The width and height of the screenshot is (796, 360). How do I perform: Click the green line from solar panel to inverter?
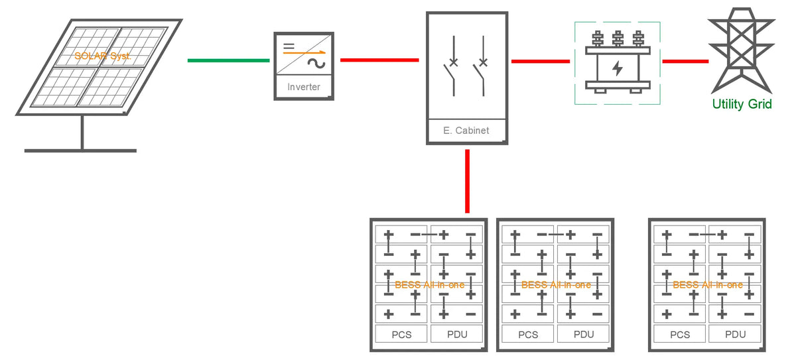pyautogui.click(x=228, y=60)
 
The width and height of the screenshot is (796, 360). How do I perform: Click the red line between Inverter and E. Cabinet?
pyautogui.click(x=379, y=60)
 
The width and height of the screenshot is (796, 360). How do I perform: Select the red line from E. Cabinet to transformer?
pyautogui.click(x=541, y=61)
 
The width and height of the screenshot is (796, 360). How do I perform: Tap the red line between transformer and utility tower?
pyautogui.click(x=685, y=61)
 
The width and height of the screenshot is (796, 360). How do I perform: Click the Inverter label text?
pyautogui.click(x=304, y=87)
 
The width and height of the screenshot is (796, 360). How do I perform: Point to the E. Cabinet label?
pyautogui.click(x=466, y=131)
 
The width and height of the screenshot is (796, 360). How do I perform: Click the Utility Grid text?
pyautogui.click(x=742, y=104)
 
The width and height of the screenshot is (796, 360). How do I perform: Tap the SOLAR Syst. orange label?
pyautogui.click(x=103, y=56)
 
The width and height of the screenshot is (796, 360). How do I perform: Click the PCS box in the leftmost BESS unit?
pyautogui.click(x=401, y=334)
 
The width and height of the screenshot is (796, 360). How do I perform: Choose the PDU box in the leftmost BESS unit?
pyautogui.click(x=457, y=334)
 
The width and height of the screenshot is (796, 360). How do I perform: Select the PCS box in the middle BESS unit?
pyautogui.click(x=528, y=334)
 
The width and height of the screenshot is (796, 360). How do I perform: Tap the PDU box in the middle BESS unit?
pyautogui.click(x=584, y=334)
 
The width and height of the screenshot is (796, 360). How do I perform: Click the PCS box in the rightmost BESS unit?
pyautogui.click(x=680, y=334)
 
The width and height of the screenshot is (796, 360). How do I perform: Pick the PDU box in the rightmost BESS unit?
pyautogui.click(x=736, y=334)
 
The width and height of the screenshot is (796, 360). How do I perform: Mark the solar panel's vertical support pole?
pyautogui.click(x=82, y=133)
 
